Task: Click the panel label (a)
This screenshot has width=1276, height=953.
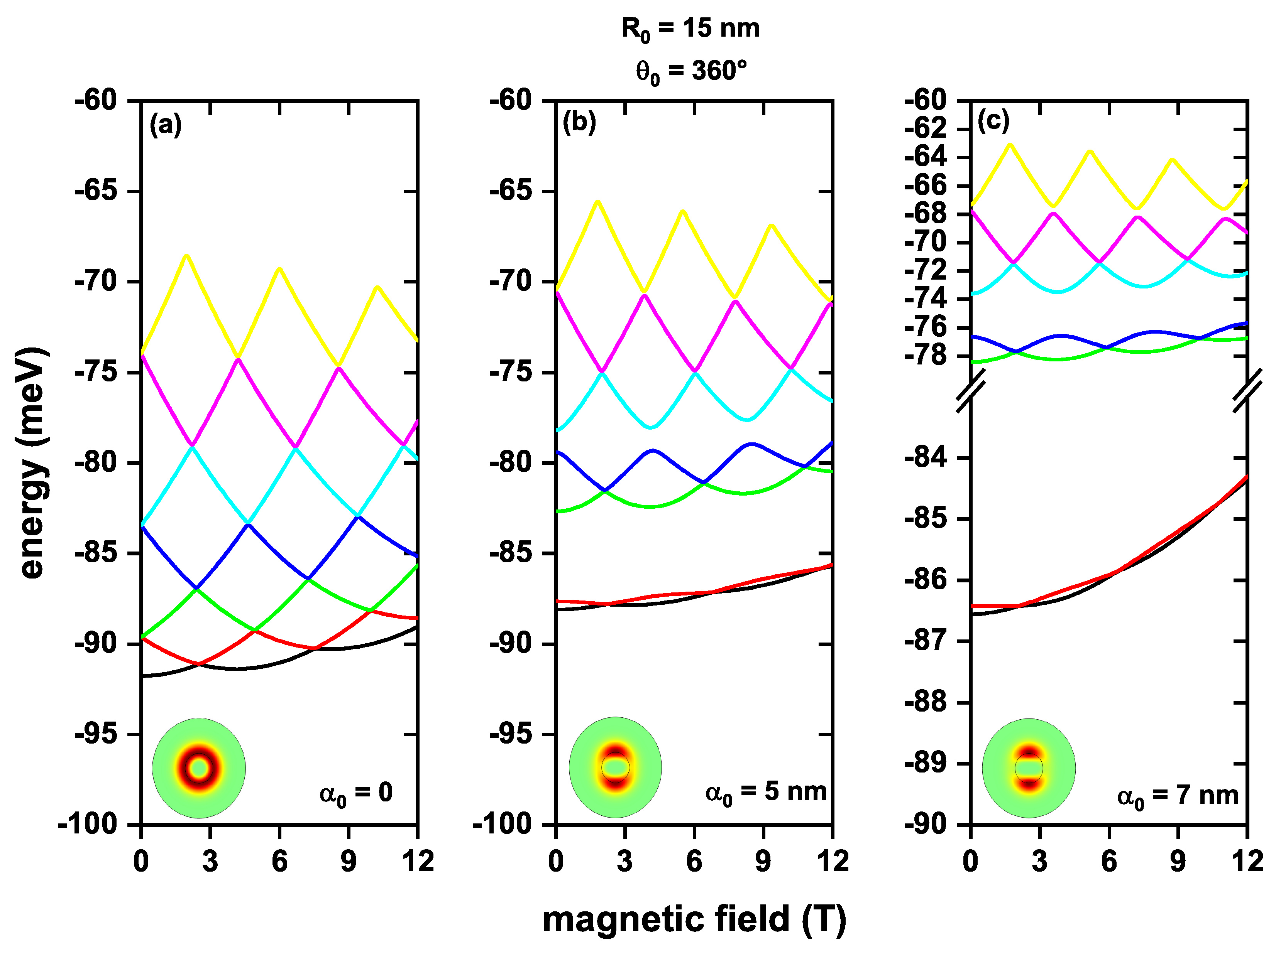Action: pyautogui.click(x=166, y=125)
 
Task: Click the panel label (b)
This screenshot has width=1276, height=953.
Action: pyautogui.click(x=579, y=123)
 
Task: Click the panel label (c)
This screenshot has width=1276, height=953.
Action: pyautogui.click(x=993, y=121)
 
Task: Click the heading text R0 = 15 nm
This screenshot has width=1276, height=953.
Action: pyautogui.click(x=690, y=29)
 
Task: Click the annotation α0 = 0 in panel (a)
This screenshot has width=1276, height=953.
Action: pyautogui.click(x=356, y=793)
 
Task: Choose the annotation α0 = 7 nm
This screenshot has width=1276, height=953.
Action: pyautogui.click(x=1177, y=796)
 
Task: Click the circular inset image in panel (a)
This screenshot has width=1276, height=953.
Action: pyautogui.click(x=199, y=768)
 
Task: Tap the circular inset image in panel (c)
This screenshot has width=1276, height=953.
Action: pyautogui.click(x=1029, y=768)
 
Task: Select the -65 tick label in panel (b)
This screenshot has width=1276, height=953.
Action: pyautogui.click(x=511, y=191)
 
